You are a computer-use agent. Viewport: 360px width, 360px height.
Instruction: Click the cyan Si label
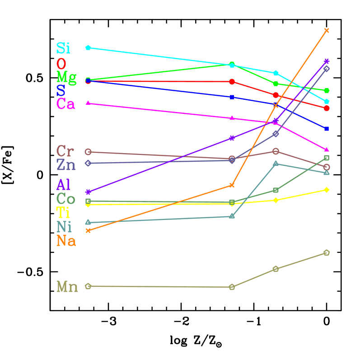63,48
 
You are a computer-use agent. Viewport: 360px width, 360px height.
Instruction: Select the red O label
61,63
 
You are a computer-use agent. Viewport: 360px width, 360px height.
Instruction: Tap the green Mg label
66,77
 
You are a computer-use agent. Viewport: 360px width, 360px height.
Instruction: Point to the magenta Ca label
65,104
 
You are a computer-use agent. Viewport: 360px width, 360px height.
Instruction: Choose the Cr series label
65,151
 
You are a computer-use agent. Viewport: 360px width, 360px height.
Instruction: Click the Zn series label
66,165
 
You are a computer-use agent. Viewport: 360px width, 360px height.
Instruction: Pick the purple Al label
63,185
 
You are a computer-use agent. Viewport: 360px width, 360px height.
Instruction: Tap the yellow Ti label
63,212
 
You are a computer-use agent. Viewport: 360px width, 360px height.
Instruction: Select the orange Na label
66,241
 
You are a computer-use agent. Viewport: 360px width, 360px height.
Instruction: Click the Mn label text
67,287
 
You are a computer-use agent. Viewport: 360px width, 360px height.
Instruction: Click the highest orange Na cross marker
327,30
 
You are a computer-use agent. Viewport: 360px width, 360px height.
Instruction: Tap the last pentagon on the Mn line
327,252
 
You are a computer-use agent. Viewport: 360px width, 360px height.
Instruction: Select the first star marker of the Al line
88,192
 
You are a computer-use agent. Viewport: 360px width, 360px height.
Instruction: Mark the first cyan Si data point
88,47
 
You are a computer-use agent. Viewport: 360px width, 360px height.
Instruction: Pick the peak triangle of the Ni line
276,164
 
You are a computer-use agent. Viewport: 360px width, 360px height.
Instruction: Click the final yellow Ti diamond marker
327,190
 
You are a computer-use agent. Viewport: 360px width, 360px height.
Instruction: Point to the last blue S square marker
327,129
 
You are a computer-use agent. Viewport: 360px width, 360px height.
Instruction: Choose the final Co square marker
327,158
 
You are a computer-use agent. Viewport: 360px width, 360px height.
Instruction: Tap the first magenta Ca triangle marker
88,103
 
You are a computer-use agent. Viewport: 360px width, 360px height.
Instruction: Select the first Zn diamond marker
88,163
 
